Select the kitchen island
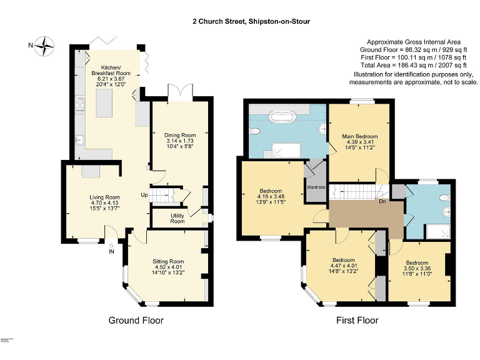click(106, 102)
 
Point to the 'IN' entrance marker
click(111, 252)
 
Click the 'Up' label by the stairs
click(144, 195)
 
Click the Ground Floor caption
click(136, 321)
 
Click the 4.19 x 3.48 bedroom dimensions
click(271, 196)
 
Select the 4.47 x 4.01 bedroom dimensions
click(344, 266)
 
